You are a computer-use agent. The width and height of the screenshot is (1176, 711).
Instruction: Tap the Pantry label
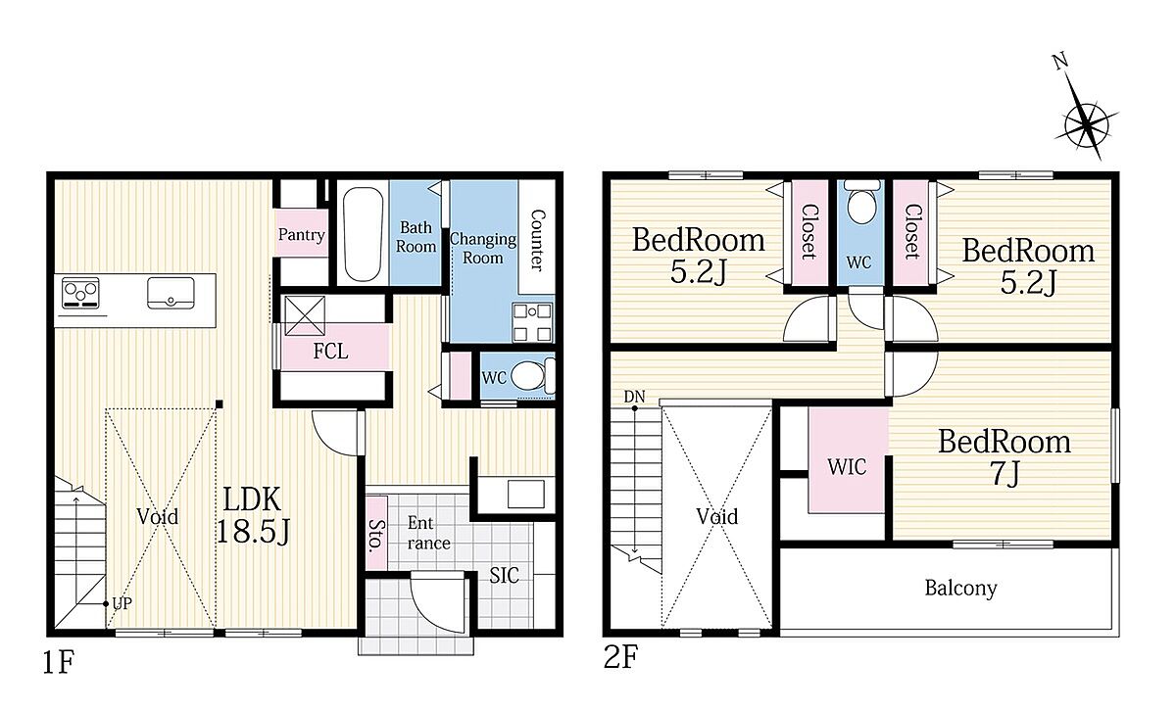pyautogui.click(x=302, y=234)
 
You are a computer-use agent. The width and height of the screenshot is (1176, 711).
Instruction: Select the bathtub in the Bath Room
pyautogui.click(x=363, y=234)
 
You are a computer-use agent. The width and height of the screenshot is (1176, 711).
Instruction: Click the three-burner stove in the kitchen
pyautogui.click(x=80, y=293)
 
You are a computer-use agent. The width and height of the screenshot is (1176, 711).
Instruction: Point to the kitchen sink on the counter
pyautogui.click(x=171, y=293)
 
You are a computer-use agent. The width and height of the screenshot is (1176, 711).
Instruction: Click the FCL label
pyautogui.click(x=330, y=351)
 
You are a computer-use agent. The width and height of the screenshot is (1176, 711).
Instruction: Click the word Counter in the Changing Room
pyautogui.click(x=538, y=240)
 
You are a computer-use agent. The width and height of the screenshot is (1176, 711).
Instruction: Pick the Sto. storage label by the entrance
pyautogui.click(x=376, y=536)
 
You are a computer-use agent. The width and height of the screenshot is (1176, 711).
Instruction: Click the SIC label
pyautogui.click(x=504, y=576)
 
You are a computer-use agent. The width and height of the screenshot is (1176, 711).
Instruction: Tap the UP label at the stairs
pyautogui.click(x=122, y=604)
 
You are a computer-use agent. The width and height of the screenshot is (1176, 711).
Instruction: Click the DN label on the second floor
pyautogui.click(x=634, y=397)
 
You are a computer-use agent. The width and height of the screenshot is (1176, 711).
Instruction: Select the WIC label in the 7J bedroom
pyautogui.click(x=847, y=466)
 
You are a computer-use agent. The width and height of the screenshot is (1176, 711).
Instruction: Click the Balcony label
pyautogui.click(x=960, y=589)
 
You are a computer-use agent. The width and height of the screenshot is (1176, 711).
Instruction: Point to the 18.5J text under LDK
pyautogui.click(x=253, y=532)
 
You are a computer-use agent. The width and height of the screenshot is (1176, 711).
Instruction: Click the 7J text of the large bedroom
pyautogui.click(x=1004, y=474)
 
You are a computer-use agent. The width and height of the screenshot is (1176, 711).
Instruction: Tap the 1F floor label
pyautogui.click(x=58, y=662)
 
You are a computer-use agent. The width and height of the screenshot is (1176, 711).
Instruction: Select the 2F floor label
pyautogui.click(x=620, y=657)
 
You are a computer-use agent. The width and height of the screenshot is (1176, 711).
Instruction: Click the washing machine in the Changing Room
pyautogui.click(x=532, y=323)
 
